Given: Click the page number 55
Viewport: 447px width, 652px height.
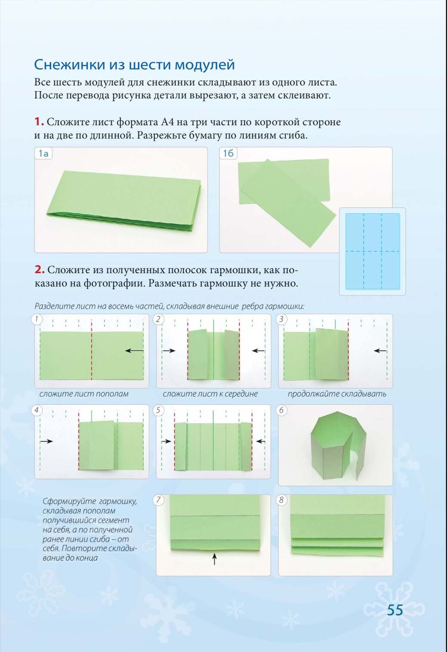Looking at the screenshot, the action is (x=395, y=610).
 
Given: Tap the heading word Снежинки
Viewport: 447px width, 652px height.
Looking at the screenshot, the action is (x=69, y=65).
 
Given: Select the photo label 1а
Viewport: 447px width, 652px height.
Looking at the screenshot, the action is (x=43, y=153).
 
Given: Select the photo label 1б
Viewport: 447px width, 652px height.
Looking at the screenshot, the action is (x=228, y=153).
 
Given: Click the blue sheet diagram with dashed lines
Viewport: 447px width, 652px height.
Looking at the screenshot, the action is (x=373, y=251).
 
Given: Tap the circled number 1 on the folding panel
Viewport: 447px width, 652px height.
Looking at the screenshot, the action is (x=37, y=319).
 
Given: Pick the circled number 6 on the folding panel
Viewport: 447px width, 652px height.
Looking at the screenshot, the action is (x=281, y=410).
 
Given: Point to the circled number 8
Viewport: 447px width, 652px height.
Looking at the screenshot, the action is (x=281, y=500).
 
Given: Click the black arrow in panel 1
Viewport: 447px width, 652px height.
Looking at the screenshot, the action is (x=134, y=351).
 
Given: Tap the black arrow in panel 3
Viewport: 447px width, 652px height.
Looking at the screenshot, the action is (x=380, y=351).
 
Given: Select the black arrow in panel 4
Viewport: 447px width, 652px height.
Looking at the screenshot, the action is (x=46, y=441).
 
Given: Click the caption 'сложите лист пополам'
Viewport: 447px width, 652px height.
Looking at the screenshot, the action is (x=84, y=394).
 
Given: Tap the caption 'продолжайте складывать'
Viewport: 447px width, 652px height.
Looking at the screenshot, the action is (x=337, y=394).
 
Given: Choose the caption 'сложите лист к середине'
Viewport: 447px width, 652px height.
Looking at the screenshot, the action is (x=210, y=394).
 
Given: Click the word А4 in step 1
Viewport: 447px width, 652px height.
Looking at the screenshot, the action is (x=167, y=122).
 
